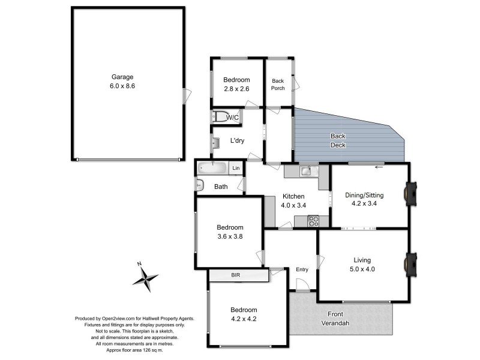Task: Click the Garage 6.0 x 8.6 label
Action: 122,82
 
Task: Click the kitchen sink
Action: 305,172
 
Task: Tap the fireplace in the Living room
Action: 411,262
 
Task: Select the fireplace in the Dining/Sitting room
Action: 411,193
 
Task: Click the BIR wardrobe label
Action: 238,275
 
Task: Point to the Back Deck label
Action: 338,140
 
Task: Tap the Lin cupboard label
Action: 236,168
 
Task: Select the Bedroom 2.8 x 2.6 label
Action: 236,84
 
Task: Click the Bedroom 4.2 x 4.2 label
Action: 244,314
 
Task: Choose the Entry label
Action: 302,269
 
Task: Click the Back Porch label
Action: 278,84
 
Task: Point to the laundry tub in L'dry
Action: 215,143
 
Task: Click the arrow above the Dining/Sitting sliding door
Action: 379,167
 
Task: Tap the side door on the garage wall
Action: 188,95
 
